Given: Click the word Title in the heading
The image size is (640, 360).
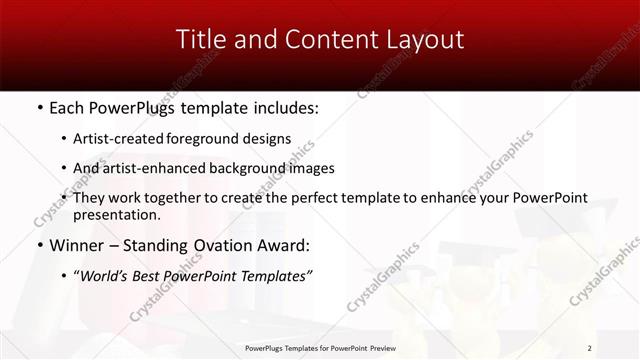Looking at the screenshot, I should coord(200,40).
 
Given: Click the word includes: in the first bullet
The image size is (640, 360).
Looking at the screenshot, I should coord(285,107).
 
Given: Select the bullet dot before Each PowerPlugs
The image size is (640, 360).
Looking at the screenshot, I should coord(39,107).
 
